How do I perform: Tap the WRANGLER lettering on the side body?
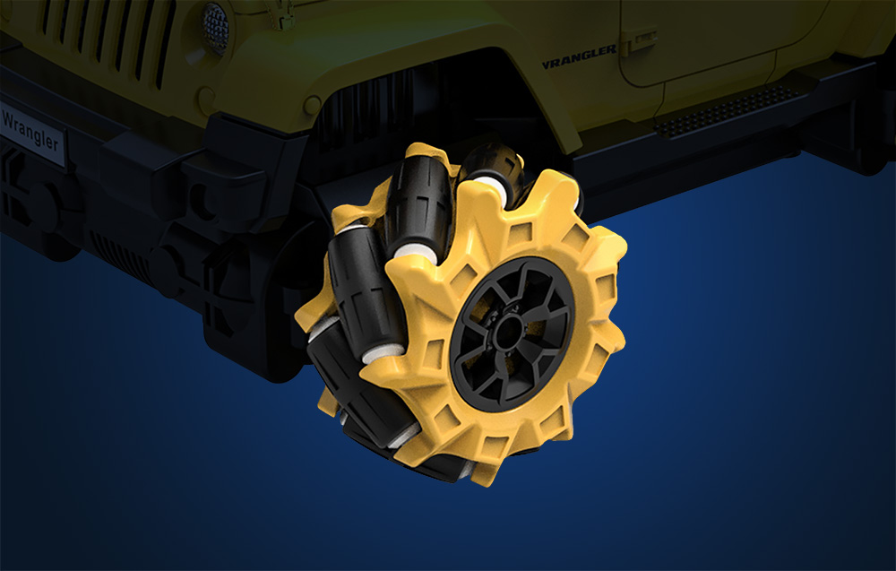[579, 57]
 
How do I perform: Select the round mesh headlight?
[216, 27]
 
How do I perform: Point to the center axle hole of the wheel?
[508, 333]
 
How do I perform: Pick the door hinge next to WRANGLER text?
[638, 41]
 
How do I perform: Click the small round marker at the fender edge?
[312, 105]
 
